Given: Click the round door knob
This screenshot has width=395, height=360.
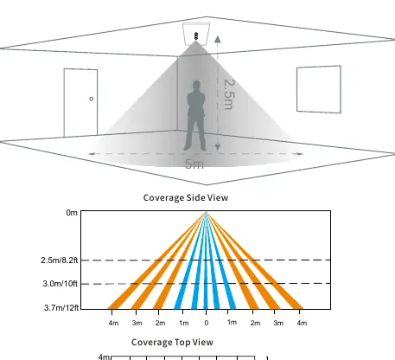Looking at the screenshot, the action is (92, 99).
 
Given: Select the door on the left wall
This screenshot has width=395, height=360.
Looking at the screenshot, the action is (80, 102).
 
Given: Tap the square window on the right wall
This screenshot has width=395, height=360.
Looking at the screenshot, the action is (319, 89).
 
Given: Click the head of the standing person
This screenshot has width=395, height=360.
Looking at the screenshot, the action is (196, 86).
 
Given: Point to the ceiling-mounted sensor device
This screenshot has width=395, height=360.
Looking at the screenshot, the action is (196, 36).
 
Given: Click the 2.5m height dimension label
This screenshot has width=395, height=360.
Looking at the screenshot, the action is (229, 94).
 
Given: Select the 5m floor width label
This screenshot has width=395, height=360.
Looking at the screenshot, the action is (194, 164).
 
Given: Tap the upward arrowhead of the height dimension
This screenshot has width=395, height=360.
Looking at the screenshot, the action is (218, 39).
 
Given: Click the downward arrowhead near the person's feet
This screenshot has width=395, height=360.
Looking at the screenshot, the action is (218, 147).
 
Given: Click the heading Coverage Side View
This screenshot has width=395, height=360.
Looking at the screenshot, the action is (186, 197).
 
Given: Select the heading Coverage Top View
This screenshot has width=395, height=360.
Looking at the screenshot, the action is (172, 342).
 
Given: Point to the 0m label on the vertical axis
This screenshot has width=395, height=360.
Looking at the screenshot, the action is (72, 213).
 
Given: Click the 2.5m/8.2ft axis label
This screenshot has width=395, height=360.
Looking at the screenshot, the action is (60, 260).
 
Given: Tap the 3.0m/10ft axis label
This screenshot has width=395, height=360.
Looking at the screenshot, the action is (61, 284).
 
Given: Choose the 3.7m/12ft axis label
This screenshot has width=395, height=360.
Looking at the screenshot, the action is (61, 308).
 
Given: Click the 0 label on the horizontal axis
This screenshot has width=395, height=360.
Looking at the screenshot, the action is (207, 323).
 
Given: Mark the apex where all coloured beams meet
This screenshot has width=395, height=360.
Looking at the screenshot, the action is (206, 213).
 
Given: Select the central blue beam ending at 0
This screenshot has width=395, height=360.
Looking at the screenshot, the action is (206, 261).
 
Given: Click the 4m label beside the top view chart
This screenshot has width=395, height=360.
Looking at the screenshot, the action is (104, 357).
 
